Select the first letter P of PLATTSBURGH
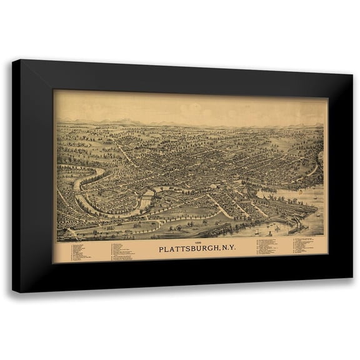[x=139, y=250]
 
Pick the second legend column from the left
[x=124, y=251]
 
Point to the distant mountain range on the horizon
[x=187, y=121]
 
